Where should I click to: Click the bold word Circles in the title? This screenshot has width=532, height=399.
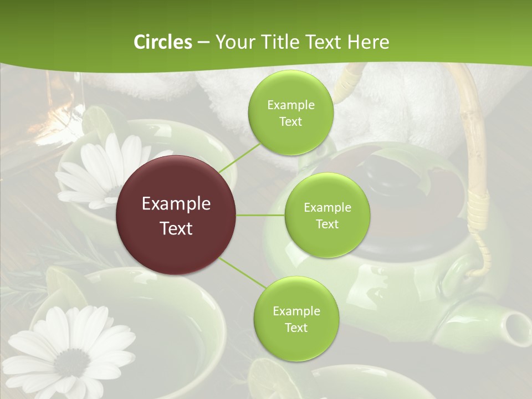pos(163,42)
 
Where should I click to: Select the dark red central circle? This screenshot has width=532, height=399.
pos(176,215)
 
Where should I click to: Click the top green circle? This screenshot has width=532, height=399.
pos(290,113)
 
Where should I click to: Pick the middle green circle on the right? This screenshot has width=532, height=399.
pos(327,216)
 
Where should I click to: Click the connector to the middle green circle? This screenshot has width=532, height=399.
pos(260,215)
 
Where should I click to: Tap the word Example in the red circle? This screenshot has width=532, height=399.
pos(176,204)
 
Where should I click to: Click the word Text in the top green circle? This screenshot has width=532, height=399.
pos(290,122)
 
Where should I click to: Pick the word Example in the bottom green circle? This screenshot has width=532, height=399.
pos(296,311)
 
